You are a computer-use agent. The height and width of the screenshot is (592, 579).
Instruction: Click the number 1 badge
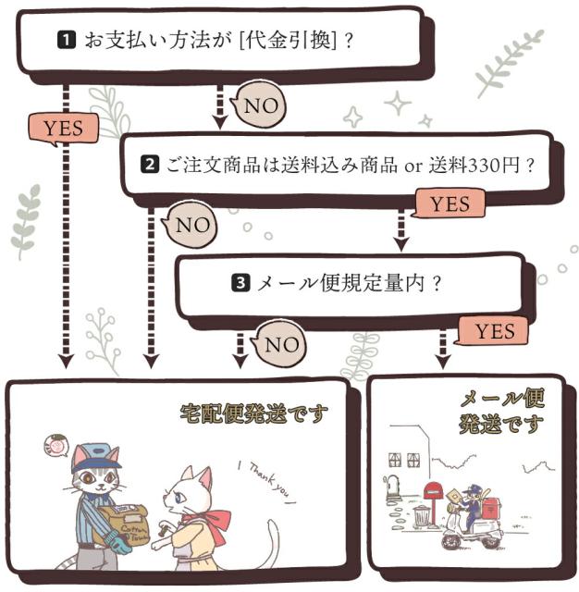click(x=67, y=41)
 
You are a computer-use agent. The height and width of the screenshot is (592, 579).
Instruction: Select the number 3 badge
click(x=240, y=284)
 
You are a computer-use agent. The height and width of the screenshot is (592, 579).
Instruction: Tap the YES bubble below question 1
click(x=63, y=128)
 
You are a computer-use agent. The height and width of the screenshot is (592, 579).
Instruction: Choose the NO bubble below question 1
click(x=260, y=105)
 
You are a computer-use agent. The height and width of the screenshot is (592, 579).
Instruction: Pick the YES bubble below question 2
click(x=450, y=203)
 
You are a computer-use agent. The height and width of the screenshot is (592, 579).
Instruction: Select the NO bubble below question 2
click(x=192, y=225)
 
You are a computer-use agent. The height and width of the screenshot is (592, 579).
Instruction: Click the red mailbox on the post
click(x=433, y=491)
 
